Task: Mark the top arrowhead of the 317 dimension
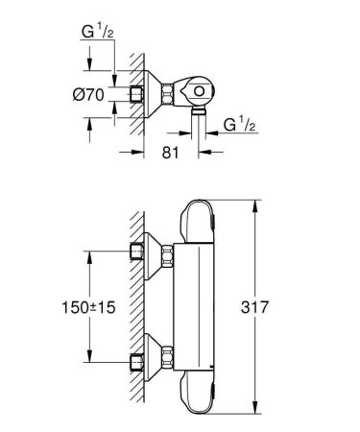255,204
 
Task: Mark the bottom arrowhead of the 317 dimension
255,409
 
